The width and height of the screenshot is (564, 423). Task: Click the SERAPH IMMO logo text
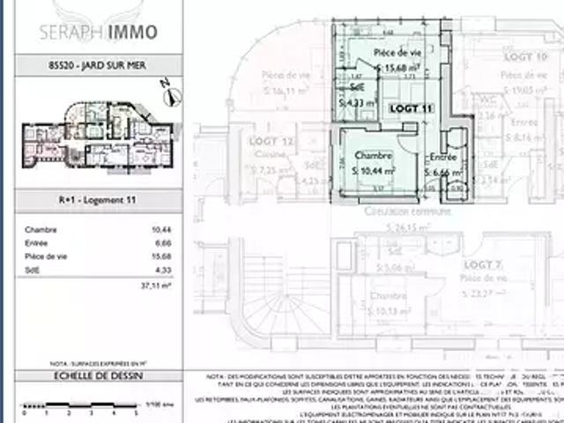[99, 33]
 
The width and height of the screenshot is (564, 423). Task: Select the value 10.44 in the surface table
[160, 229]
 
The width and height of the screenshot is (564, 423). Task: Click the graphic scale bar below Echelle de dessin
[84, 408]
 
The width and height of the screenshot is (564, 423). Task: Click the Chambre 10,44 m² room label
[374, 163]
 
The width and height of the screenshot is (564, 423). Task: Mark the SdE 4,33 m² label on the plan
[355, 94]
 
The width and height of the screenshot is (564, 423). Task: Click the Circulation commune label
[407, 211]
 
